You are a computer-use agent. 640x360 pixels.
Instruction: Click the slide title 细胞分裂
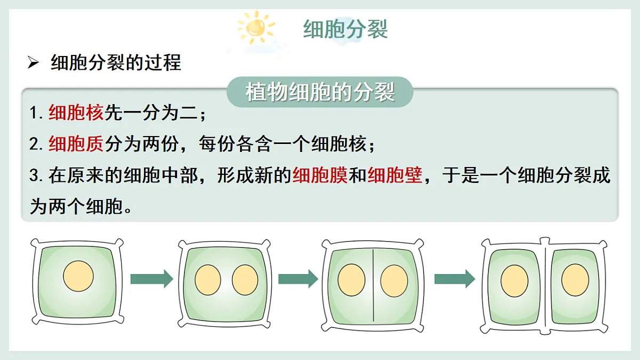(345, 29)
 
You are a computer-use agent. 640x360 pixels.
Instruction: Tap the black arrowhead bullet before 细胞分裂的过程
(33, 62)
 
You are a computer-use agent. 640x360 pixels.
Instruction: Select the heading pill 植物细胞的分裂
(320, 92)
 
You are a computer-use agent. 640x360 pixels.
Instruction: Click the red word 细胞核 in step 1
(76, 113)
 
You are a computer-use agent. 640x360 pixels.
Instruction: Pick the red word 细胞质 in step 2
(76, 143)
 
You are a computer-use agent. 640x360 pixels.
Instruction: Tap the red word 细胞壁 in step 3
(395, 174)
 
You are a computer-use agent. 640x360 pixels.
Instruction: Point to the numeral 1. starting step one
(36, 113)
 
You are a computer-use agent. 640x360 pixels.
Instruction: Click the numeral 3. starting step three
(36, 175)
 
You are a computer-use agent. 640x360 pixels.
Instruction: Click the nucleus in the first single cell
(78, 276)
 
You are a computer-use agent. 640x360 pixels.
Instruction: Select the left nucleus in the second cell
(208, 280)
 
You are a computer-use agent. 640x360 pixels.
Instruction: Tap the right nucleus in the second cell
(245, 280)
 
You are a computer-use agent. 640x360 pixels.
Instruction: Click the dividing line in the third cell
(373, 285)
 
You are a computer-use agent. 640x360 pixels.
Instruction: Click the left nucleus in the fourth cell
(515, 281)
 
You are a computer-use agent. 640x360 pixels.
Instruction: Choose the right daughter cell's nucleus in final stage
(575, 280)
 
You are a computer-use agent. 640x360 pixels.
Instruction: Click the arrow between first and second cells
(151, 278)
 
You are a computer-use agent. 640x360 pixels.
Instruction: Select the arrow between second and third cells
(298, 278)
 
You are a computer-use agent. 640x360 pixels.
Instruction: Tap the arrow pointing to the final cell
(455, 278)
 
